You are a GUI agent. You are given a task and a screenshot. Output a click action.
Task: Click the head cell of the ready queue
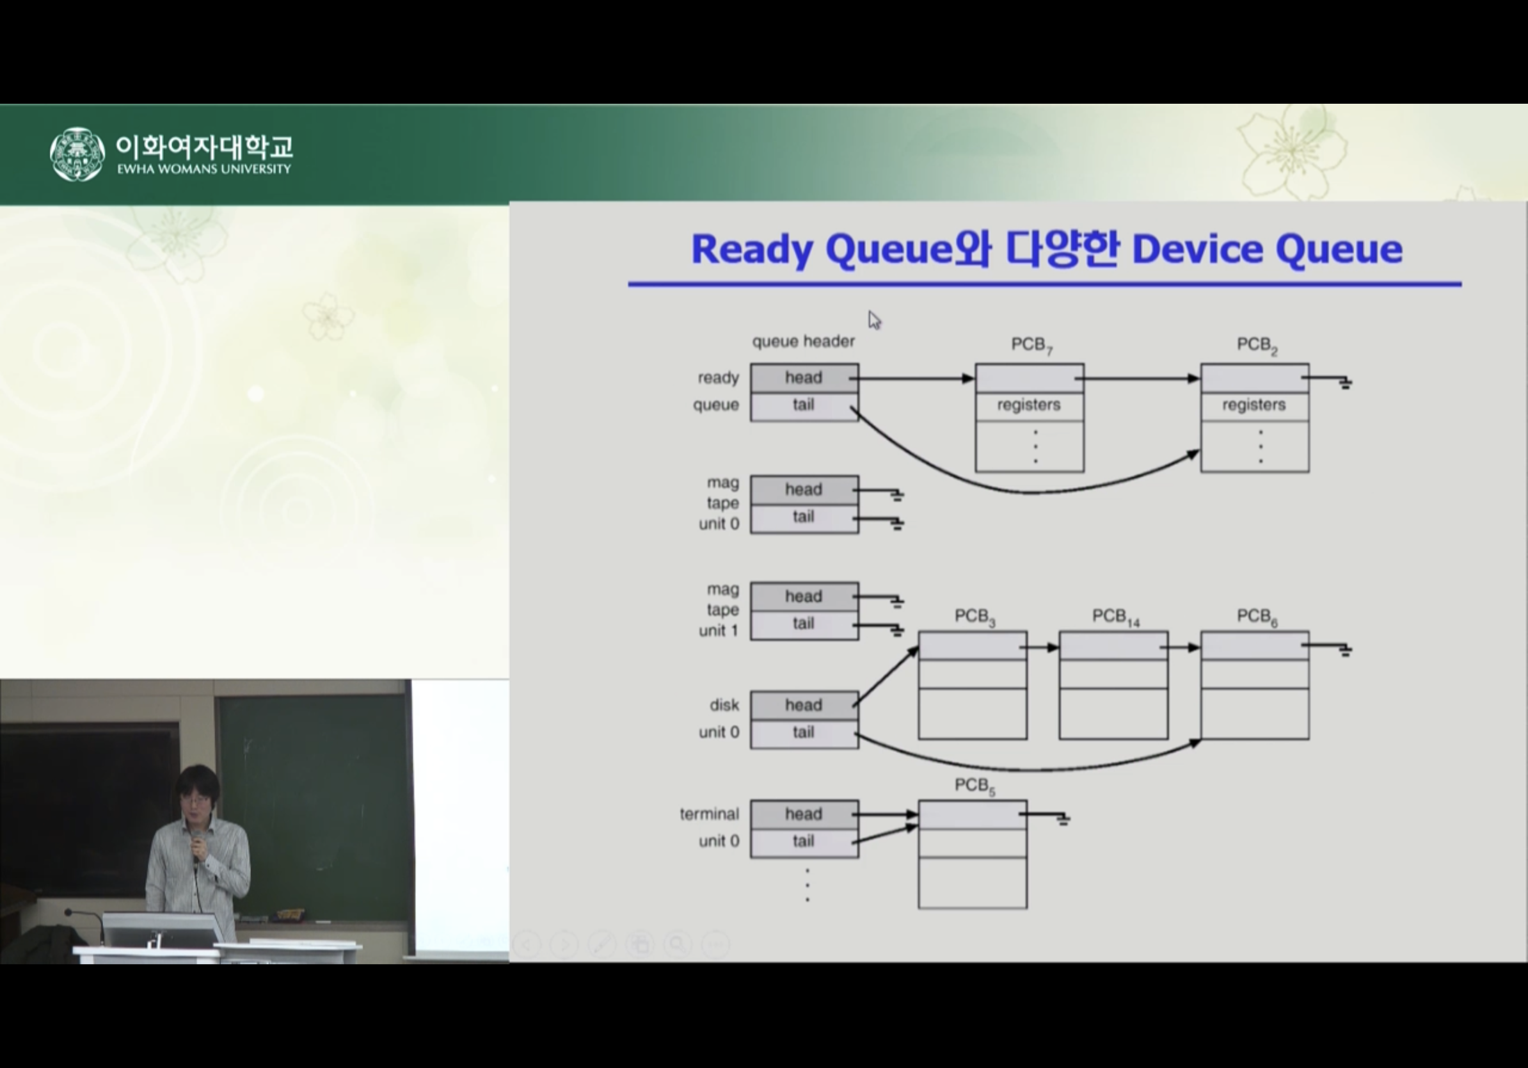click(x=804, y=378)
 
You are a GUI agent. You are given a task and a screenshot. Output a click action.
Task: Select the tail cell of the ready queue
click(x=804, y=406)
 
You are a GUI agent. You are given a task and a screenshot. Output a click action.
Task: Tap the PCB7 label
click(x=1031, y=345)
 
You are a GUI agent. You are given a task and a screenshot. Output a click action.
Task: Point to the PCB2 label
click(x=1257, y=345)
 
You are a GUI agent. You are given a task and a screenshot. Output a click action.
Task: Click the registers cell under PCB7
click(x=1030, y=405)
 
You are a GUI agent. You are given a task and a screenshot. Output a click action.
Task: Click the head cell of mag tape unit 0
click(x=804, y=490)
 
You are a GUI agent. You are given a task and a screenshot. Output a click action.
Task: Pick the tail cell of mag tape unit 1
click(x=804, y=624)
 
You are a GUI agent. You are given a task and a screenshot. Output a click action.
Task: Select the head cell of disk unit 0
click(x=804, y=705)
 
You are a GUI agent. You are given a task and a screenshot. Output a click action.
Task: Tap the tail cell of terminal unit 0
click(x=804, y=842)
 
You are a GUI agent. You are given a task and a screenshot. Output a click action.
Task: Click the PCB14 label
click(x=1116, y=617)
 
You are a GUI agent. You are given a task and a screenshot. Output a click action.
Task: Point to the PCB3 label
click(x=975, y=617)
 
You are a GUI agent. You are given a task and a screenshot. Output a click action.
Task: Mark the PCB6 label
click(x=1257, y=617)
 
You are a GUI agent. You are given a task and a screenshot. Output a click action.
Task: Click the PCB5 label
click(x=975, y=786)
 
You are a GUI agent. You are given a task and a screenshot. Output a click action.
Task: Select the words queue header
click(x=803, y=341)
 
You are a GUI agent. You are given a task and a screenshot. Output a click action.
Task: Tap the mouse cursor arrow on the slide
click(x=874, y=320)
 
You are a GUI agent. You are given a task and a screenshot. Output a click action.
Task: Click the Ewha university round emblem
click(x=77, y=154)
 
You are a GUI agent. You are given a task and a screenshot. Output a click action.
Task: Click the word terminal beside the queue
click(x=710, y=814)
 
